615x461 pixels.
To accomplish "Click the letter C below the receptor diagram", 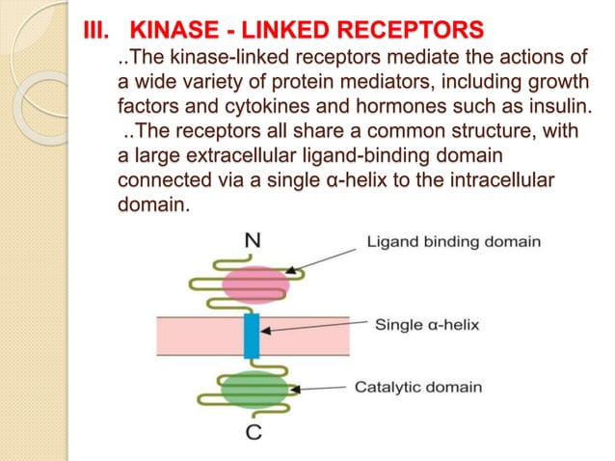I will (254, 432).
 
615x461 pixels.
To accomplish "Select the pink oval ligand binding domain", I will (255, 285).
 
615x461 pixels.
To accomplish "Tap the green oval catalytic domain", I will (254, 389).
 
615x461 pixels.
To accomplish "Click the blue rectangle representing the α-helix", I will (252, 335).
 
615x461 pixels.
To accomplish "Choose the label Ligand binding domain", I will (453, 242).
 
